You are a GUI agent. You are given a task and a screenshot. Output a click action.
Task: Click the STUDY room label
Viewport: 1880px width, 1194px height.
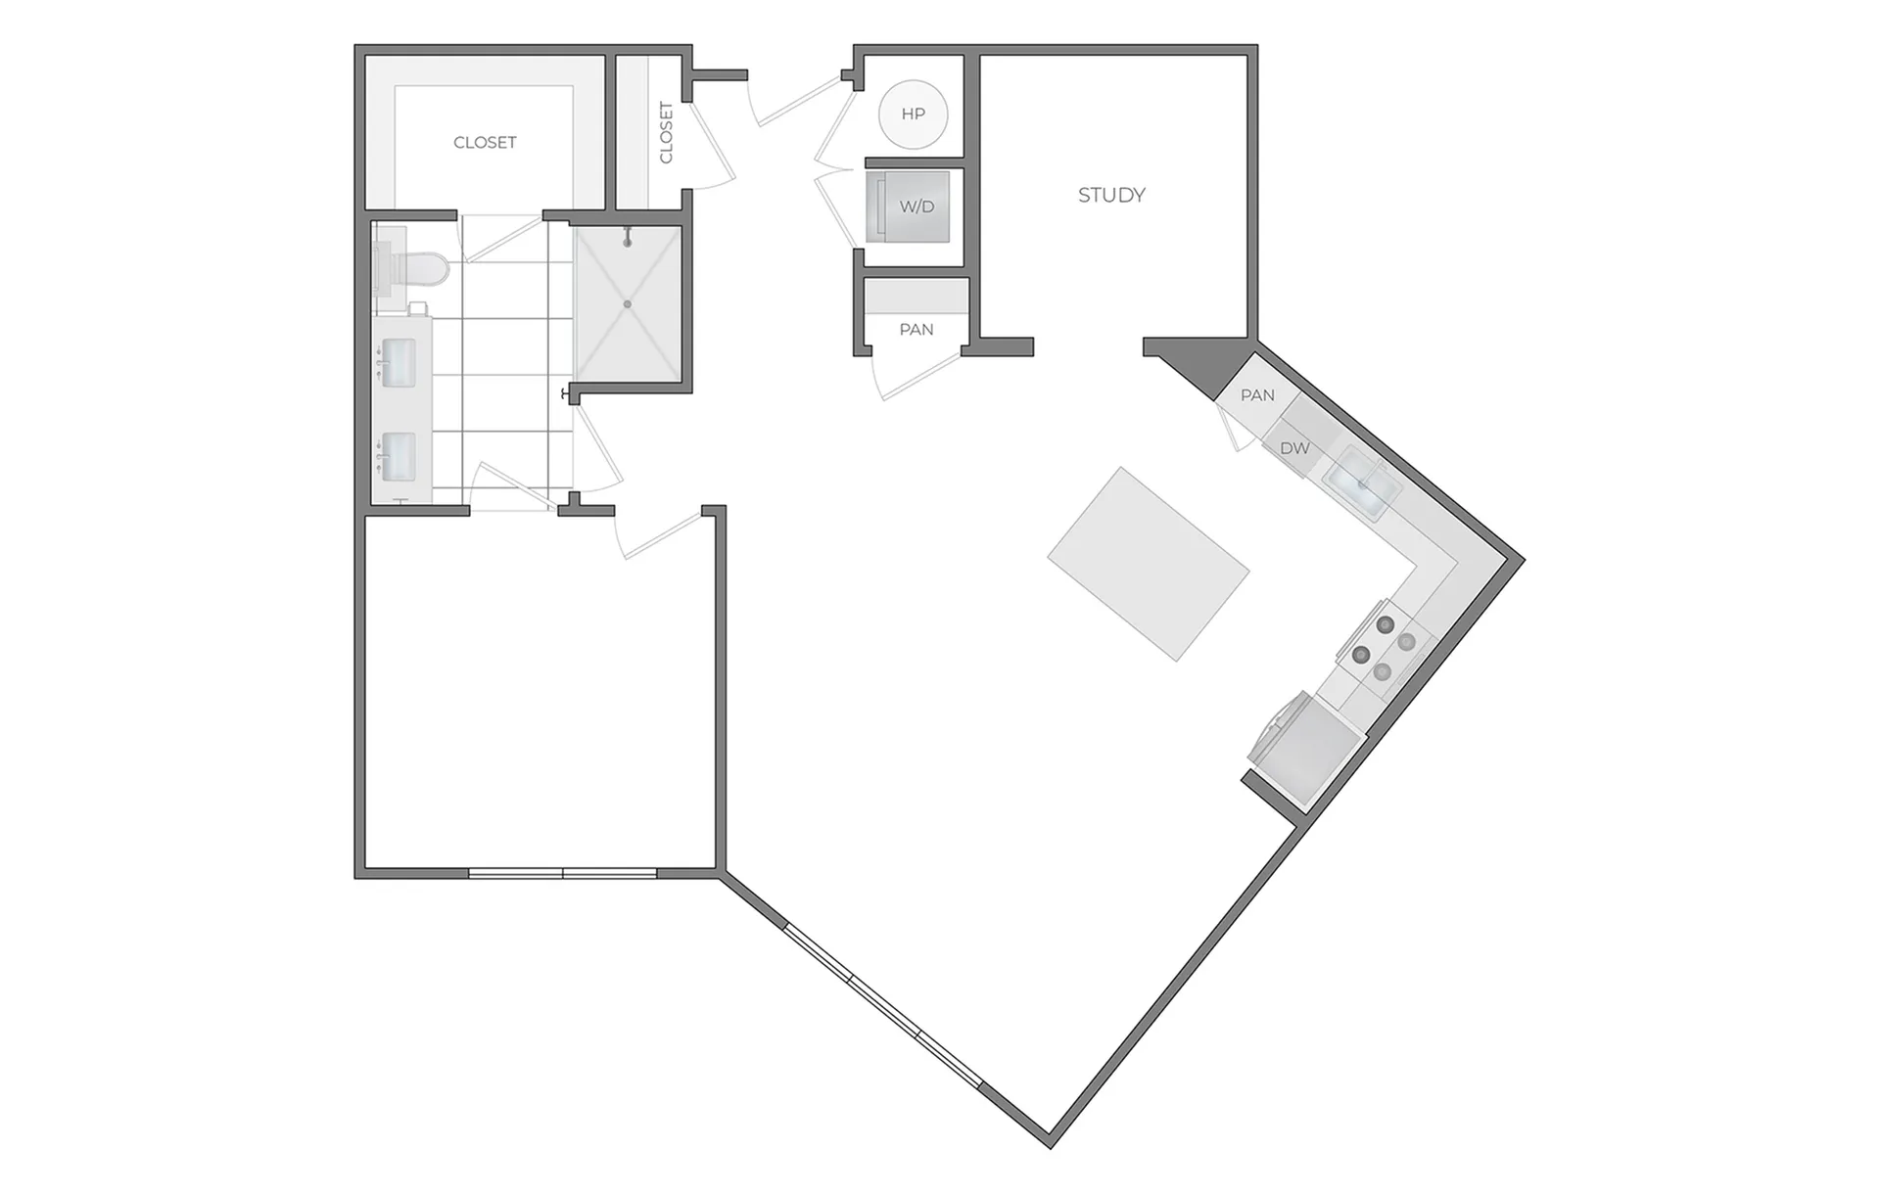[x=1111, y=195]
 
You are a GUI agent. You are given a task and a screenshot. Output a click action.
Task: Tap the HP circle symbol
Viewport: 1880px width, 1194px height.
[x=913, y=114]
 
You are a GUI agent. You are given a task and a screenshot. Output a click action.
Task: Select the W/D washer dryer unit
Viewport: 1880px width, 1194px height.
[x=908, y=207]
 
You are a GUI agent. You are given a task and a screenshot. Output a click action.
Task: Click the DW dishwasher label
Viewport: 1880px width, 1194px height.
[x=1294, y=448]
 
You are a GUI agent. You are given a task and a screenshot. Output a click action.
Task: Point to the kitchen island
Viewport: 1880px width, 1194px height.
[x=1149, y=564]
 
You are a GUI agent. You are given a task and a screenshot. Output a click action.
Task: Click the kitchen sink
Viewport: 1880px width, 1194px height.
[x=1362, y=482]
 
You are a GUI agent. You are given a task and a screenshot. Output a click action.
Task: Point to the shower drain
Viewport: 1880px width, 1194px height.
[x=628, y=304]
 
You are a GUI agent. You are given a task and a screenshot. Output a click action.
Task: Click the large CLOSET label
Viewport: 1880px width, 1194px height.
[x=485, y=143]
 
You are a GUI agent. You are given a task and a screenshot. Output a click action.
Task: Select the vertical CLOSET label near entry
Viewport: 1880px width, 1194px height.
[x=667, y=132]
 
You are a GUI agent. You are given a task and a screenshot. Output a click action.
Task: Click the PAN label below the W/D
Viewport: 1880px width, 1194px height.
[x=916, y=330]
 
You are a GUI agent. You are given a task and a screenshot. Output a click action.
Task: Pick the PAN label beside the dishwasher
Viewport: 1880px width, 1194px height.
[x=1257, y=395]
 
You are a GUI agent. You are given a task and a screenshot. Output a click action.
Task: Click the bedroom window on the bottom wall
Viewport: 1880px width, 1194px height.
[x=563, y=872]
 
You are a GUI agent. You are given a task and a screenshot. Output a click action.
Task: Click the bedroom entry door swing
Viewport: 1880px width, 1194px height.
[x=658, y=533]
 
